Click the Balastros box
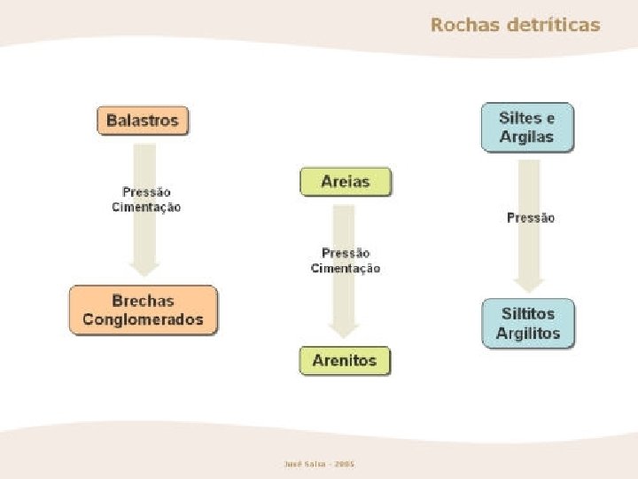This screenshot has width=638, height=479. coord(143,121)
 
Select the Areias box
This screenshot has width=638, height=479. coord(346,183)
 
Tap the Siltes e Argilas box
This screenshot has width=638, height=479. coord(527,127)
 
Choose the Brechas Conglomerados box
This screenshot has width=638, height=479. coord(143,310)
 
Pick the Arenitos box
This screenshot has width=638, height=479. coord(345,360)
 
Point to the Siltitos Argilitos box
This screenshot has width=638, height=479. coord(528,323)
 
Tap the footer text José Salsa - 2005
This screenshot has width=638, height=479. coord(319,464)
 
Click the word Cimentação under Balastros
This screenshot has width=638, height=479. coord(146,207)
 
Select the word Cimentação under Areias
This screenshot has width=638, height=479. coord(346,269)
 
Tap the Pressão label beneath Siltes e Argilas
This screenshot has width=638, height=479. coord(531,217)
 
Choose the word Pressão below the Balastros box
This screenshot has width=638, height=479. coord(146,192)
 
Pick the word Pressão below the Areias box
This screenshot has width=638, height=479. coord(346,254)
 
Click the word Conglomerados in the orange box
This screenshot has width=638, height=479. coord(143,319)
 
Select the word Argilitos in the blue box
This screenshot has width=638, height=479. coord(528,334)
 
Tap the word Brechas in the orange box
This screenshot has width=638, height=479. coord(143,301)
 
